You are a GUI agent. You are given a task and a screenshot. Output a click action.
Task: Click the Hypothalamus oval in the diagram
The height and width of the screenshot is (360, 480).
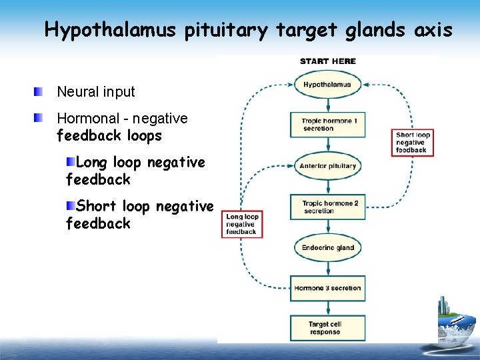pos(327,85)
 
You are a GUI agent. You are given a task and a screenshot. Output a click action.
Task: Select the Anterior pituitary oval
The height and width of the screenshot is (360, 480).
pos(327,166)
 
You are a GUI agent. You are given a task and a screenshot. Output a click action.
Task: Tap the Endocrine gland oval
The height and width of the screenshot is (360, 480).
pos(327,247)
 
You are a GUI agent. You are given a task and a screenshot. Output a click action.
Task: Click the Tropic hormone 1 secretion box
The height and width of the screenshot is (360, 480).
pos(327,125)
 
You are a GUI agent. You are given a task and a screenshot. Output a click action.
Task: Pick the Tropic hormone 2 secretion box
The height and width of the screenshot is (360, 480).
pos(327,207)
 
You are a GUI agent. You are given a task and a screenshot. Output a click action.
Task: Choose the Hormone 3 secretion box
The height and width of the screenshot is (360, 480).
pos(327,288)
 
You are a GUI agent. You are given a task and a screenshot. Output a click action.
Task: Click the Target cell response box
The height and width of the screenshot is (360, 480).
pos(327,327)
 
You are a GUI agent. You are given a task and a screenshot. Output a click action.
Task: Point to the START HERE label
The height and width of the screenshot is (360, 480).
pos(328,61)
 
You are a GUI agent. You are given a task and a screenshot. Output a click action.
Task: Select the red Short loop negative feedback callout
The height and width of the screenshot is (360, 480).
pos(412,142)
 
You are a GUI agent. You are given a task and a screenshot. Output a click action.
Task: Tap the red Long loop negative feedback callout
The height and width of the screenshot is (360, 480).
pos(242,224)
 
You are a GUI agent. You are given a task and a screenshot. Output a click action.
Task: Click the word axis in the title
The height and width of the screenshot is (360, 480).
pos(433,30)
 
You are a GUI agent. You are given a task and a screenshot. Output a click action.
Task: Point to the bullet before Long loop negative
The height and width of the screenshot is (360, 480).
pos(71,162)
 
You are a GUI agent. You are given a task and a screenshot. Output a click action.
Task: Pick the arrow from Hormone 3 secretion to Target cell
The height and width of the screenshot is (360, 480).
pos(327,307)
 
